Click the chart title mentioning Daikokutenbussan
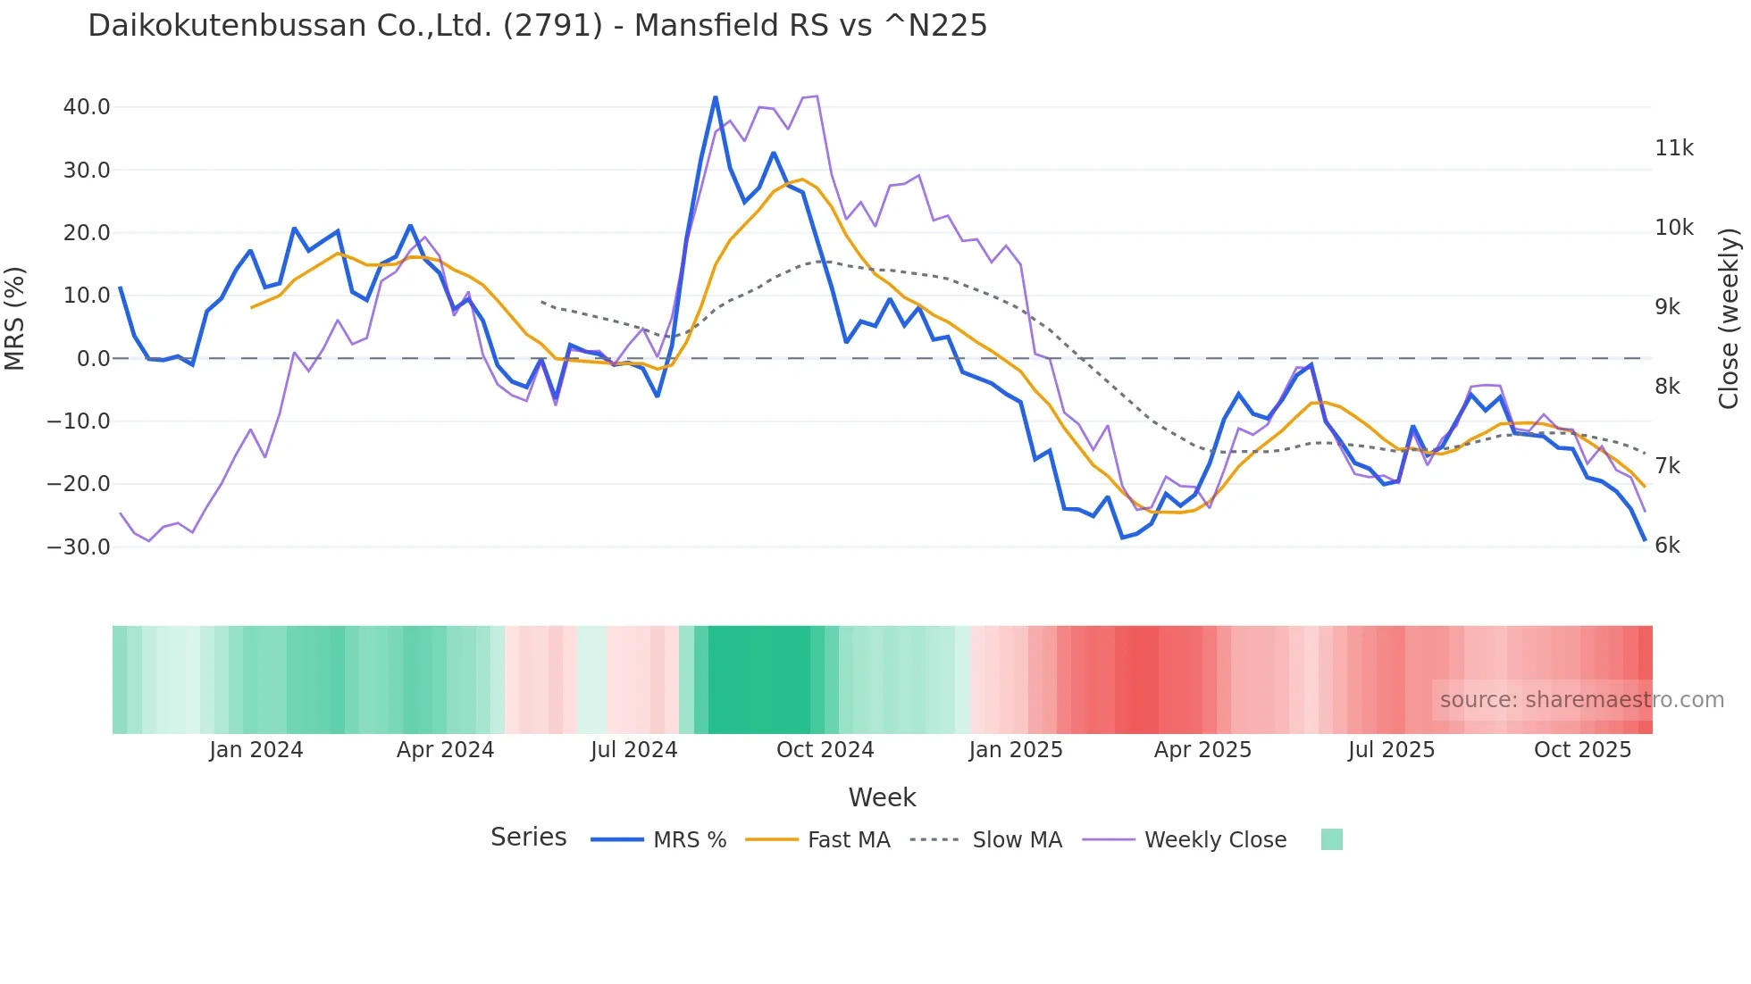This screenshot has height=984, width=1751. point(537,26)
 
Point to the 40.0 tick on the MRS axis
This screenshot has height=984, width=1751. point(87,107)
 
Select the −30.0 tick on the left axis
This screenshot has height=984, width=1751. point(79,546)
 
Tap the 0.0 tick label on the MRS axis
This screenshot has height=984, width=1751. point(94,359)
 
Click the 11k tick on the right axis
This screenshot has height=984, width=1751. point(1673,148)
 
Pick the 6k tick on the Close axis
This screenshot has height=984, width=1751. point(1667,546)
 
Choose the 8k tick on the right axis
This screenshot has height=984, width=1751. point(1667,387)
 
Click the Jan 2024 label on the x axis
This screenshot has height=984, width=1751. point(256,750)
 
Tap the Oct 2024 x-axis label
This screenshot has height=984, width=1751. point(825,750)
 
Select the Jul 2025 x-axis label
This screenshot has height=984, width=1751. point(1391,750)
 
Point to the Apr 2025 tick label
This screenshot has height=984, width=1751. point(1202,750)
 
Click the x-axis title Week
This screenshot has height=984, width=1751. point(882,797)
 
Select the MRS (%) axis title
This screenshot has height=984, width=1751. point(15,319)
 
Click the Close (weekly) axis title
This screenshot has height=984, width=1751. point(1729,319)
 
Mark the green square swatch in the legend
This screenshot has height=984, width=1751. point(1331,839)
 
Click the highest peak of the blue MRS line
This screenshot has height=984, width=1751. point(716,97)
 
